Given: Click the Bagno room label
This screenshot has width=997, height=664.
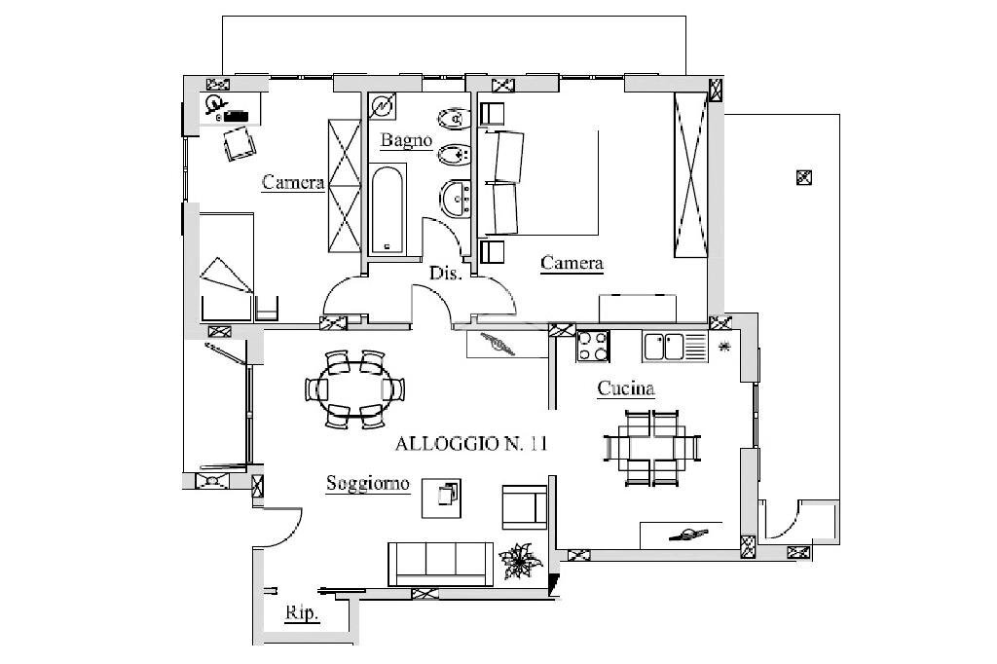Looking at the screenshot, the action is pyautogui.click(x=406, y=140).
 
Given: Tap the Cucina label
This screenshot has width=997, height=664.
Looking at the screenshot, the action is pyautogui.click(x=626, y=387).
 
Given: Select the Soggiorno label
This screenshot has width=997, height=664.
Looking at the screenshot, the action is pyautogui.click(x=367, y=483).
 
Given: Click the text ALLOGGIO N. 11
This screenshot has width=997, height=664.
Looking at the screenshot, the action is pyautogui.click(x=470, y=443).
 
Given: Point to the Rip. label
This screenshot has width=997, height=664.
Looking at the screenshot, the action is pyautogui.click(x=302, y=613).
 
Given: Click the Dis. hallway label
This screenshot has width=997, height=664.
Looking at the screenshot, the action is pyautogui.click(x=444, y=274).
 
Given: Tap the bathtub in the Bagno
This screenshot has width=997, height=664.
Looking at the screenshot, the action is pyautogui.click(x=388, y=209).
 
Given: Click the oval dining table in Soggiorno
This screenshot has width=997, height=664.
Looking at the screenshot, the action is pyautogui.click(x=354, y=388).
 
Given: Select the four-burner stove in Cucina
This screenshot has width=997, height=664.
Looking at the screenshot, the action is pyautogui.click(x=593, y=347).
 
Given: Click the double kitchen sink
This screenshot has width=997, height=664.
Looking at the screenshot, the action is pyautogui.click(x=674, y=348).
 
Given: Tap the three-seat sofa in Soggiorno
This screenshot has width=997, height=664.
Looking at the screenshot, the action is pyautogui.click(x=441, y=564).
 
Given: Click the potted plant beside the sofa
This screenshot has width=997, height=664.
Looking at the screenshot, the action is pyautogui.click(x=521, y=561).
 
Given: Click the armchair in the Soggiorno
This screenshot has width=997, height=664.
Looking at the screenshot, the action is pyautogui.click(x=525, y=507).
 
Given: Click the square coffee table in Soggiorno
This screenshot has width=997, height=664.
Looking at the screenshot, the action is pyautogui.click(x=441, y=499).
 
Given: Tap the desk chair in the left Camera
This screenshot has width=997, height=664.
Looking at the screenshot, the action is pyautogui.click(x=240, y=144).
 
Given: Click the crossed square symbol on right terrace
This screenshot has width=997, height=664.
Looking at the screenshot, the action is pyautogui.click(x=803, y=177).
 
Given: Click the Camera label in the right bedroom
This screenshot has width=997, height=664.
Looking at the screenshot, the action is pyautogui.click(x=572, y=263).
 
